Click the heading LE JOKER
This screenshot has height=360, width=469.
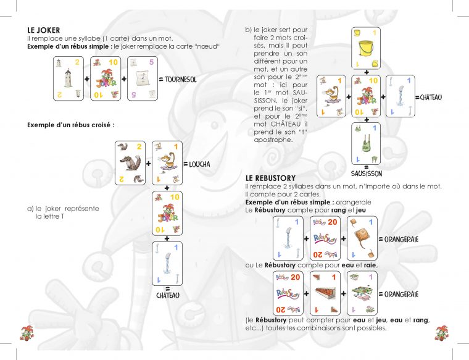point(44,30)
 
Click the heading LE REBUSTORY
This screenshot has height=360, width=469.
point(270,178)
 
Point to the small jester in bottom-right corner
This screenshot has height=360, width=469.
point(441,334)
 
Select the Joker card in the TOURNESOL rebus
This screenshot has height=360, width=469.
point(105,78)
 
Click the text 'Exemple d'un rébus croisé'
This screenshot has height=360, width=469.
point(70,125)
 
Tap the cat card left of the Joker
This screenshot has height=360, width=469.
point(331,96)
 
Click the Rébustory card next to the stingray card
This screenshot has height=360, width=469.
point(325,238)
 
